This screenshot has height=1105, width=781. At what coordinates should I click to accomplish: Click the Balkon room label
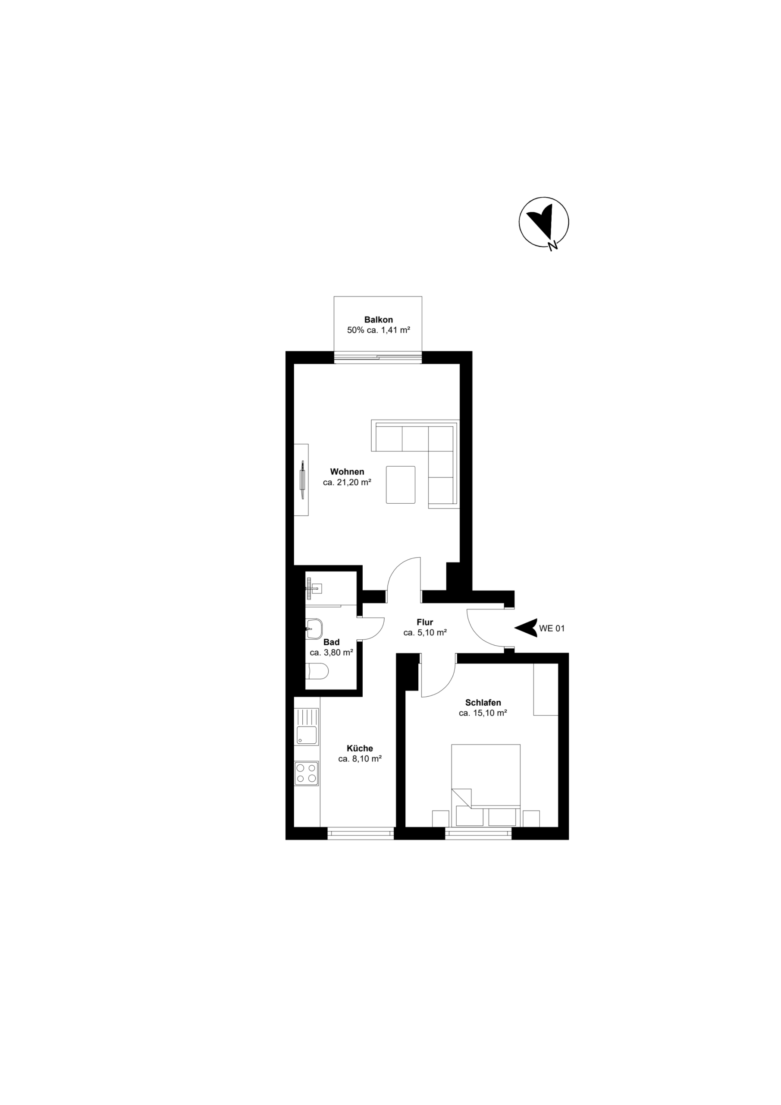[x=378, y=319]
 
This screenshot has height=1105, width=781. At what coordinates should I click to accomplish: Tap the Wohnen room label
[x=347, y=472]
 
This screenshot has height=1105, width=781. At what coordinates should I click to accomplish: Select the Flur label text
[x=425, y=622]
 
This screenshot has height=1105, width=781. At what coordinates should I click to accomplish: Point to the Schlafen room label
[x=483, y=703]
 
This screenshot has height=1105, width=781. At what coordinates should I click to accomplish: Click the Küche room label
[x=360, y=748]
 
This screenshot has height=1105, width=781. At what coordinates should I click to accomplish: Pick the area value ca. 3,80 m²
[x=331, y=653]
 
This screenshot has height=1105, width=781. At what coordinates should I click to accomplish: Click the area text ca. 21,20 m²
[x=347, y=482]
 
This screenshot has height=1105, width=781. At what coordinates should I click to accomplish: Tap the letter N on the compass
[x=553, y=246]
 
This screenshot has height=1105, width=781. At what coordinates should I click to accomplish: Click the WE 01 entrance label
[x=552, y=628]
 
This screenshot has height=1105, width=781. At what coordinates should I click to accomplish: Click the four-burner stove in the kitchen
[x=306, y=773]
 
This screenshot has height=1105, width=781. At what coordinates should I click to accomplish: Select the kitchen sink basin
[x=306, y=735]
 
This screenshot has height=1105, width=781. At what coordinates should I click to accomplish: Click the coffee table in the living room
[x=400, y=485]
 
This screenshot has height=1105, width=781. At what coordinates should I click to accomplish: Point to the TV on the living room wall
[x=302, y=480]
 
